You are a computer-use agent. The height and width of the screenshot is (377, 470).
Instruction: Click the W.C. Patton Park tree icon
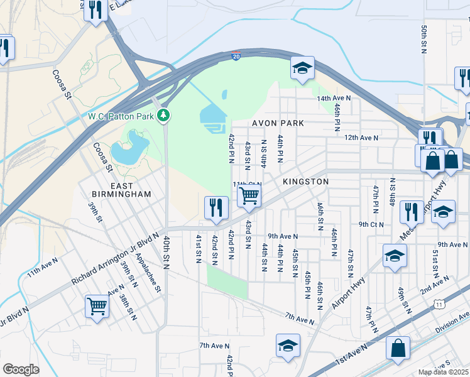coord(163,116)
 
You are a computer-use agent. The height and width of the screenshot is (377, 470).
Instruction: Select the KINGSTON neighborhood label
coord(305,182)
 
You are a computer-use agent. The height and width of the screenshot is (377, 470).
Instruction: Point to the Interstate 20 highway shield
coord(235,55)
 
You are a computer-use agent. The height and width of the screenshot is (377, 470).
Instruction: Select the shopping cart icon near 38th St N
coord(97,307)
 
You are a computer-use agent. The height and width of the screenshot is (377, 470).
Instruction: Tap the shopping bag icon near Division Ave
coord(398,347)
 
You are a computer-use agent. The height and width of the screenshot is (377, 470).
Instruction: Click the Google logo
coord(21,369)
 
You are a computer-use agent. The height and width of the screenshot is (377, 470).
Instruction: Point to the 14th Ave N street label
coord(333,99)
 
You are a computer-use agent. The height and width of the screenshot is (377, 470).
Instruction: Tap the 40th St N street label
coord(167,253)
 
